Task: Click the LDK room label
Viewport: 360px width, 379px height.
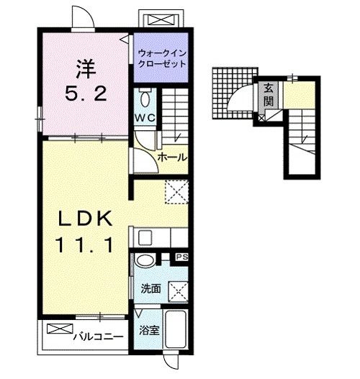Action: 86,218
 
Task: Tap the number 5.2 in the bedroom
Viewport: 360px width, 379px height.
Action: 86,93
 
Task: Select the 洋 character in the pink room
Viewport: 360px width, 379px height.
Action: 86,68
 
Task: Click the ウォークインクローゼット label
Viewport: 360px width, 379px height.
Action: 161,59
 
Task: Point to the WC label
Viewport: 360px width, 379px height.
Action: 145,118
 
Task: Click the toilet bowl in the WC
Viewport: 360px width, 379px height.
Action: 145,99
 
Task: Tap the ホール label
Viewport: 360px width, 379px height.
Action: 172,157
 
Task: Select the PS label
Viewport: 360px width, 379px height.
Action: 182,257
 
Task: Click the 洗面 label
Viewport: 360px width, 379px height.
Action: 151,288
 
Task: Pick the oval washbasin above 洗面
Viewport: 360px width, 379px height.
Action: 145,260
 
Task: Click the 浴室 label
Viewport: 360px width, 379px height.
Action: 149,330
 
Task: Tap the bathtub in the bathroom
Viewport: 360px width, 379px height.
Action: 176,329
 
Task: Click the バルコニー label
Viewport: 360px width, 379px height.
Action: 99,337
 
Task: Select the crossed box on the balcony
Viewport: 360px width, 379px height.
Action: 60,329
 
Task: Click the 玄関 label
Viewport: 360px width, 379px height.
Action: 269,94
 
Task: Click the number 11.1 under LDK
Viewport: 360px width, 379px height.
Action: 85,245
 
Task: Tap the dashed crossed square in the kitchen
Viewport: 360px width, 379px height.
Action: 176,192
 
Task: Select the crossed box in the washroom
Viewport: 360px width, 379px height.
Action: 179,292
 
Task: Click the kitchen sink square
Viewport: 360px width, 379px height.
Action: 145,238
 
